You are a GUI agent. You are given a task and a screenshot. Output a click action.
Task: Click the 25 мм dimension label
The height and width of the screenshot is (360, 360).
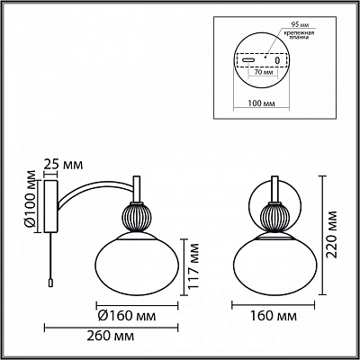tap(63, 165)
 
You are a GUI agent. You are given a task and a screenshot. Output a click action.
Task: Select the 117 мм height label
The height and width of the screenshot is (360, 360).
tap(194, 266)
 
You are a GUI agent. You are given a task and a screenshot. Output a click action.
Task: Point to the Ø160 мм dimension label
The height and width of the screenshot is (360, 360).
tap(127, 316)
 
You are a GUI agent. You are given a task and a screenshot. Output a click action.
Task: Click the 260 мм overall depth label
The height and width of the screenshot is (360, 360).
tap(111, 337)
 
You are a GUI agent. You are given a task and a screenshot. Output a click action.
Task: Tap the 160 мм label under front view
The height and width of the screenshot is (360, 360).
tap(274, 316)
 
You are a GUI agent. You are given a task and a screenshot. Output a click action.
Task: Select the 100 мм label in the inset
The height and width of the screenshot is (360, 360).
tap(262, 103)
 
